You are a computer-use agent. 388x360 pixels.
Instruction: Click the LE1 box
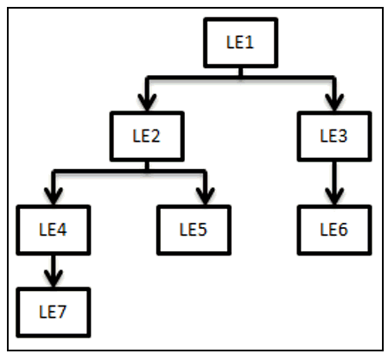tap(240, 43)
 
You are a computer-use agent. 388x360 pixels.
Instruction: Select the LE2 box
tap(147, 136)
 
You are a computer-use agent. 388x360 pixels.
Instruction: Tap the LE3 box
tap(334, 136)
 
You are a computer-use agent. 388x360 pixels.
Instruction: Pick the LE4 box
tap(54, 230)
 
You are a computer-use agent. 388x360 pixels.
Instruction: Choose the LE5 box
tap(194, 230)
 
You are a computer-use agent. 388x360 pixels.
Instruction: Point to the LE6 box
tap(334, 230)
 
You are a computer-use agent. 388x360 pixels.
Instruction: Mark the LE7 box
tap(54, 313)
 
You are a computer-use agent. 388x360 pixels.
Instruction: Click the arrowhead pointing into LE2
tap(147, 102)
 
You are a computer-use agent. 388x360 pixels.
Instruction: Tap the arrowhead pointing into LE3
tap(334, 102)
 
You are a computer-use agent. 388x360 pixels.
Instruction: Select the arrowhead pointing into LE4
tap(54, 196)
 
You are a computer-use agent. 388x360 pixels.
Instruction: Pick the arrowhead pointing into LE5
tap(205, 196)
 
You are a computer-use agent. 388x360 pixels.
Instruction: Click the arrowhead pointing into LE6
tap(334, 196)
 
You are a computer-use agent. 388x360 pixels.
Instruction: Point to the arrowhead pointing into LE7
tap(54, 278)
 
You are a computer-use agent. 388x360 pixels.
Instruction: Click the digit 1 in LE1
tap(249, 42)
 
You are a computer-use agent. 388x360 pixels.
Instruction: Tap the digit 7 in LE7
tap(61, 312)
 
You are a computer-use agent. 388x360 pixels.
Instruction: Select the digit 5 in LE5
tap(202, 230)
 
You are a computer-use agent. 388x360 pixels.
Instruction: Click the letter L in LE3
tap(323, 136)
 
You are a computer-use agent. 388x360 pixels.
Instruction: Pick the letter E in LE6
tap(333, 230)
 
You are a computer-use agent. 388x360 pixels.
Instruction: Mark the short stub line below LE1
tap(240, 72)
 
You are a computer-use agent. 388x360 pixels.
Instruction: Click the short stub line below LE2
tap(147, 166)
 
